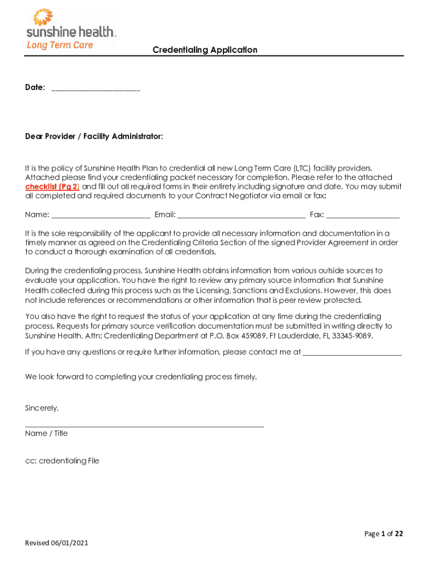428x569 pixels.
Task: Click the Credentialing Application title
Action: [205, 50]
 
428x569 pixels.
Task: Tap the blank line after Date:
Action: [96, 88]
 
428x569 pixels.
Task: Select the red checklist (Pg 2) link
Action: [52, 187]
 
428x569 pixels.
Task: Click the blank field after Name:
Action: [101, 215]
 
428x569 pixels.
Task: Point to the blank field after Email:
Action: [241, 215]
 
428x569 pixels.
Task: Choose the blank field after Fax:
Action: [363, 215]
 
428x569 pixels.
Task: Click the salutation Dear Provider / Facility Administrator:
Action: [94, 137]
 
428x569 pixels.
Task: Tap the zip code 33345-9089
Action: [352, 336]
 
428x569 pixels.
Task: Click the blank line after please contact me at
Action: [352, 352]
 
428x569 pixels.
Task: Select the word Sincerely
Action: [42, 408]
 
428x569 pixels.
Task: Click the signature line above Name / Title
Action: [145, 426]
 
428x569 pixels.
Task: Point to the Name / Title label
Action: [46, 433]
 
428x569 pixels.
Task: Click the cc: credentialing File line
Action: [62, 461]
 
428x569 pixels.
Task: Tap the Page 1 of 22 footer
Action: [384, 534]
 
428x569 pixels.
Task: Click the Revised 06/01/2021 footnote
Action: [57, 543]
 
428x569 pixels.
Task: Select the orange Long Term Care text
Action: [60, 45]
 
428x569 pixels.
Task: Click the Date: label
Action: [35, 88]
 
